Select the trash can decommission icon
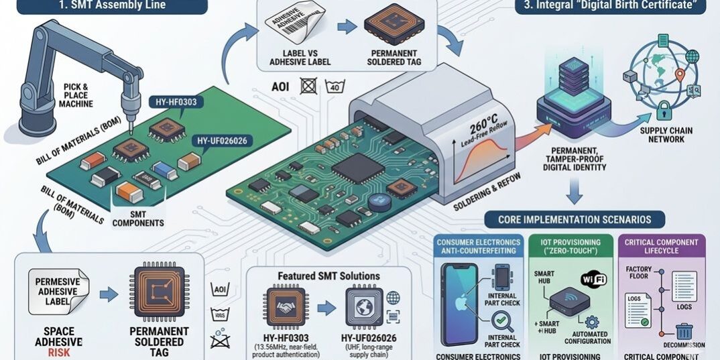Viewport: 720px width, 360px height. tap(684, 331)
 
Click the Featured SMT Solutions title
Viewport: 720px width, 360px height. tap(328, 276)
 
